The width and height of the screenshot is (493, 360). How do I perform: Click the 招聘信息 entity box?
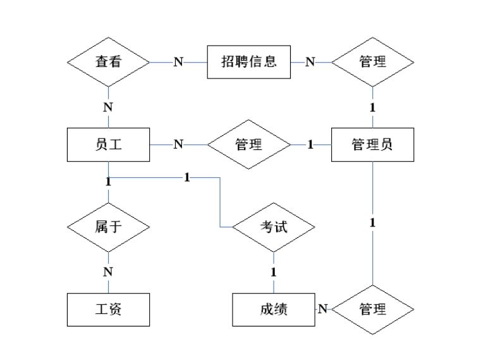pyautogui.click(x=249, y=62)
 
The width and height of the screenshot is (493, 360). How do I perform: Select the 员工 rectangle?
pyautogui.click(x=108, y=144)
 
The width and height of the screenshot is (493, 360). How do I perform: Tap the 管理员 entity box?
pyautogui.click(x=372, y=144)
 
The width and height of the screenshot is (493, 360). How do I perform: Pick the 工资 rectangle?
pyautogui.click(x=108, y=309)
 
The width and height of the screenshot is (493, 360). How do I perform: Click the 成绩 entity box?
pyautogui.click(x=273, y=309)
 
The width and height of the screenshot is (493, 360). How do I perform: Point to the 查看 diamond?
pyautogui.click(x=108, y=62)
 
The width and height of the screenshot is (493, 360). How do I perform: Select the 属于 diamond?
pyautogui.click(x=108, y=227)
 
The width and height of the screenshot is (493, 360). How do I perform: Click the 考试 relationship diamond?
pyautogui.click(x=273, y=227)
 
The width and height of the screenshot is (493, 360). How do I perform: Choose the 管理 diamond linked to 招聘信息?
pyautogui.click(x=372, y=62)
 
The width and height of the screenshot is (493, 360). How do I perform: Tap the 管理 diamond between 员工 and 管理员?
pyautogui.click(x=248, y=144)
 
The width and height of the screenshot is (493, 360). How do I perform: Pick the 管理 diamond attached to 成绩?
pyautogui.click(x=372, y=309)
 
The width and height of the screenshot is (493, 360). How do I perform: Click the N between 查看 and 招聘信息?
pyautogui.click(x=178, y=62)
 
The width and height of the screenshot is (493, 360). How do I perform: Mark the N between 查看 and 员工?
pyautogui.click(x=108, y=107)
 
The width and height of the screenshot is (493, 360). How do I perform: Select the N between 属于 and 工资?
pyautogui.click(x=108, y=271)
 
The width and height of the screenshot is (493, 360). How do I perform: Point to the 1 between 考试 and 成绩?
pyautogui.click(x=273, y=272)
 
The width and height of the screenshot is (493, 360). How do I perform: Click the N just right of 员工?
pyautogui.click(x=178, y=144)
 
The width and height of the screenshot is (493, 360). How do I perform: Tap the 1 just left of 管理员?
pyautogui.click(x=310, y=144)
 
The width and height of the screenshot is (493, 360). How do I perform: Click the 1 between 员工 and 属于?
pyautogui.click(x=108, y=182)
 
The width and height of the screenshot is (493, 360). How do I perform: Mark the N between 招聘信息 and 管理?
pyautogui.click(x=310, y=62)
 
